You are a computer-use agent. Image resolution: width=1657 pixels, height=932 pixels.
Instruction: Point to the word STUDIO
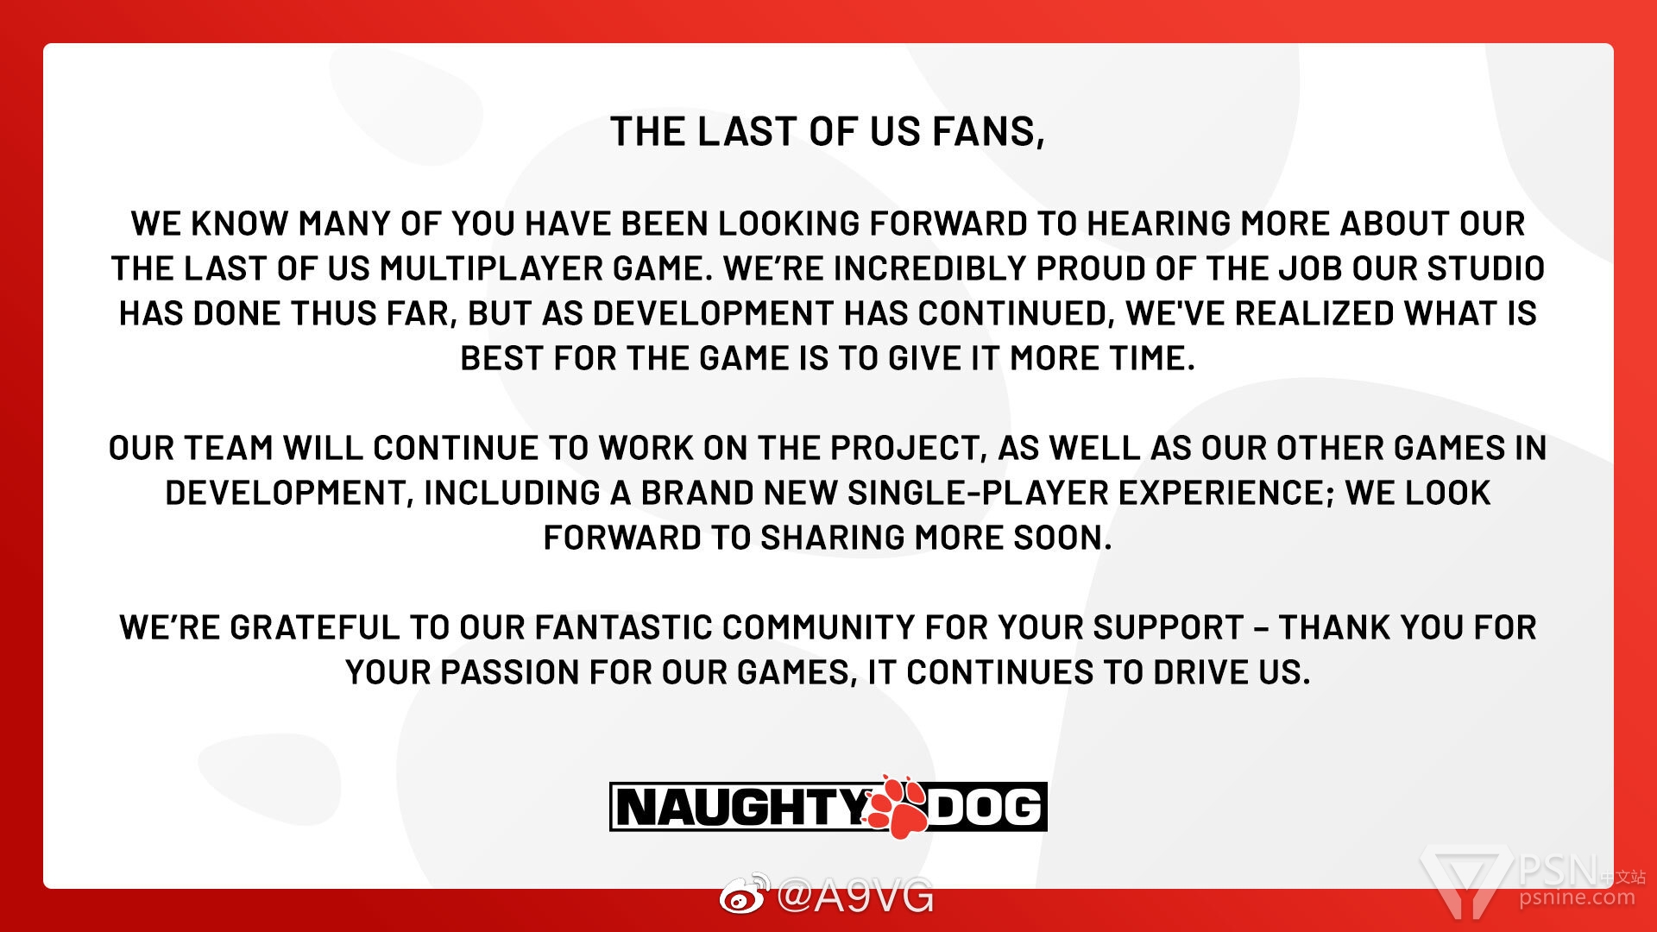(x=1485, y=268)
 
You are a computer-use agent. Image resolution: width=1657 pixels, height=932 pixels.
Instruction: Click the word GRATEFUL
(x=315, y=627)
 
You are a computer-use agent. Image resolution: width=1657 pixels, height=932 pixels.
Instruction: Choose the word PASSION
(x=508, y=672)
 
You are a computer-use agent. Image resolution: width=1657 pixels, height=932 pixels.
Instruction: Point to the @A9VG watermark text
(x=854, y=896)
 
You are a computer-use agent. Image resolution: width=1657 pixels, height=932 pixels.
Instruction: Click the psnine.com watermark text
(x=1577, y=897)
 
